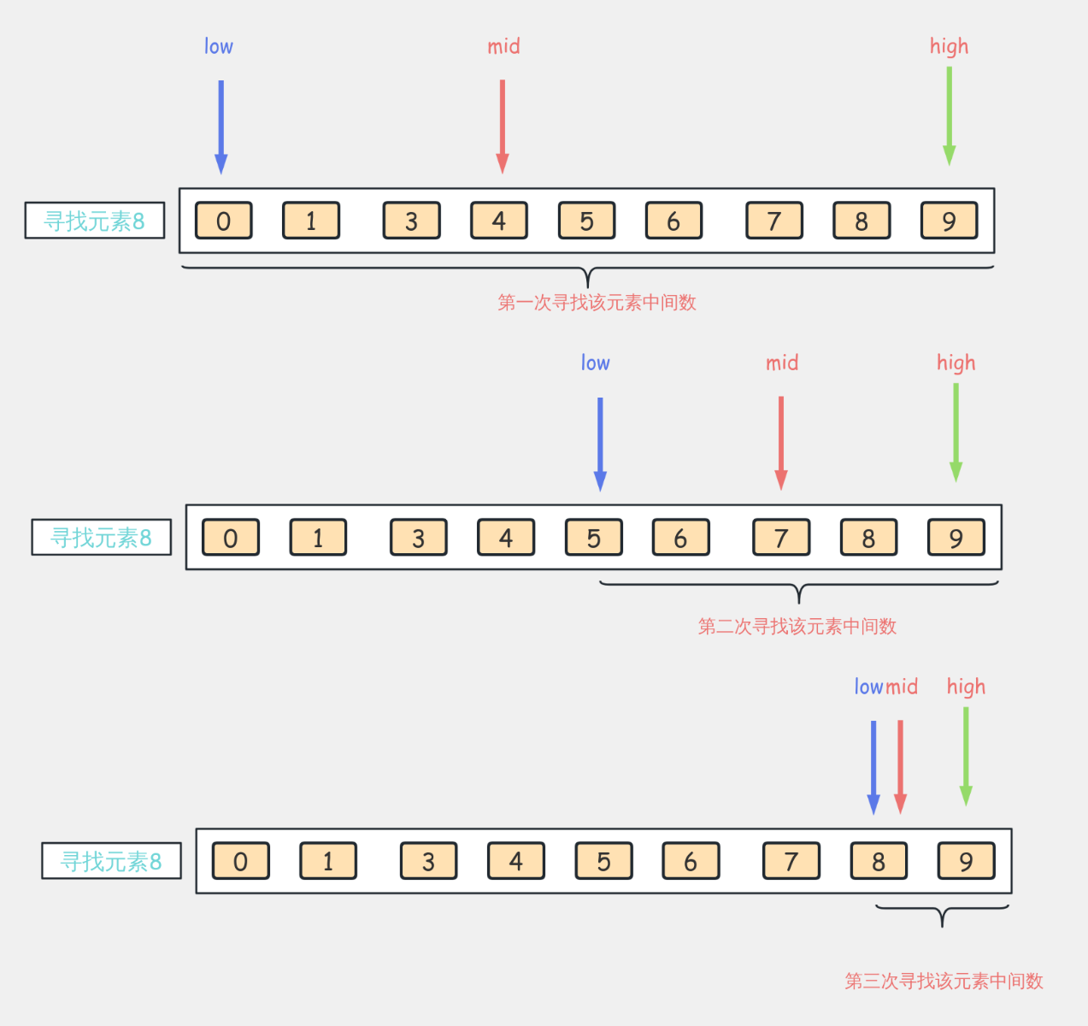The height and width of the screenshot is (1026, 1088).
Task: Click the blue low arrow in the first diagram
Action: (x=221, y=127)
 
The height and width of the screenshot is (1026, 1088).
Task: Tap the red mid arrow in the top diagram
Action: (x=503, y=127)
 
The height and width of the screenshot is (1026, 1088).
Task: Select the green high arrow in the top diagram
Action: (x=950, y=116)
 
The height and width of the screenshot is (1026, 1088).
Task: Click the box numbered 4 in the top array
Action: (x=499, y=221)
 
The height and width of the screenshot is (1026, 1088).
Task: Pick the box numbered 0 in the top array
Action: (x=224, y=221)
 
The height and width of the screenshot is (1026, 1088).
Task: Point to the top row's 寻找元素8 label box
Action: (x=95, y=221)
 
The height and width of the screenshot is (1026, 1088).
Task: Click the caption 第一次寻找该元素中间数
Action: (x=597, y=303)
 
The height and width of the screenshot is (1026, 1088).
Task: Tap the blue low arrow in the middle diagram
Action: (x=601, y=444)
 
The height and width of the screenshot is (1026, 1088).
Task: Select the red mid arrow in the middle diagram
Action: (x=781, y=444)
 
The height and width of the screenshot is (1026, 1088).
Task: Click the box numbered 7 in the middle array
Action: (x=781, y=537)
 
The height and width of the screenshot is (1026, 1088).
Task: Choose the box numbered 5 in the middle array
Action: (x=594, y=537)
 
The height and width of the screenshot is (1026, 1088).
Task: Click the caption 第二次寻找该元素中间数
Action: (x=797, y=627)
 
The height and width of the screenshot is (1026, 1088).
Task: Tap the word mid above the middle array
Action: (x=782, y=363)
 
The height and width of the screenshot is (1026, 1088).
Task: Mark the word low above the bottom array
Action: (x=869, y=687)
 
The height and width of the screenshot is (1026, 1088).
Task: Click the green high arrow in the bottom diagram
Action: (x=967, y=757)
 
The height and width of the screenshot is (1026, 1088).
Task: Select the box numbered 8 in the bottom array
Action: (x=879, y=861)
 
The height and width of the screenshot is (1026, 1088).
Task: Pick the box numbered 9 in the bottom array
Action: (x=967, y=861)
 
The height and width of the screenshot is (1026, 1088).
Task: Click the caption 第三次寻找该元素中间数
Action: (x=944, y=981)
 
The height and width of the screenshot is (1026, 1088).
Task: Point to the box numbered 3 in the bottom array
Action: (x=428, y=861)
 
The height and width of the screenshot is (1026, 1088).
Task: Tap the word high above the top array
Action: (x=950, y=47)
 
